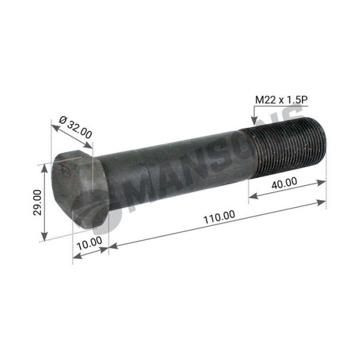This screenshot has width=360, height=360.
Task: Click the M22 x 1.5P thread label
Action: tap(281, 100)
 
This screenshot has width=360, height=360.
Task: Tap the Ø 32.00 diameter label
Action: tap(76, 127)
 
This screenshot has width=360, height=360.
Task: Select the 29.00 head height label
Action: tap(37, 203)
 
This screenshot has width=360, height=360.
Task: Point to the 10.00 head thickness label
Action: tap(89, 244)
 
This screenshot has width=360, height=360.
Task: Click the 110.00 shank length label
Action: tap(219, 217)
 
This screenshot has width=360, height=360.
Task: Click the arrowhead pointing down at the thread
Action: tap(254, 121)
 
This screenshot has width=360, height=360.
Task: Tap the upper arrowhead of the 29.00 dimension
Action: tap(44, 169)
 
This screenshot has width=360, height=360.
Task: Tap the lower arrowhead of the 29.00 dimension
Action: tap(44, 236)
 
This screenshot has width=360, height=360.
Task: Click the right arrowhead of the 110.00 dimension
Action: tap(321, 203)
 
